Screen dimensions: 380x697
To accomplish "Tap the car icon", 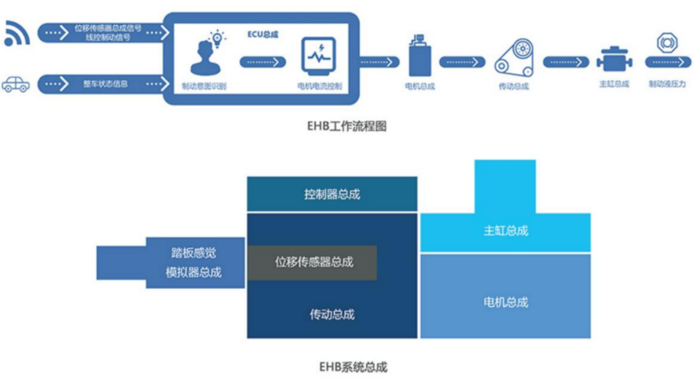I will [15, 84].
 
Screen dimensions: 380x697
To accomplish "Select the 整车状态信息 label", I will [105, 84].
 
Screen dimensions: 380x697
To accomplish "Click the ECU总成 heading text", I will [263, 34].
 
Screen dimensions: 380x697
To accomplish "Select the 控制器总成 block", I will [332, 194].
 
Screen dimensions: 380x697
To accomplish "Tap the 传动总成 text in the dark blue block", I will [332, 315].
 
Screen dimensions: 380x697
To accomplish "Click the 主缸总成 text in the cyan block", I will [505, 230].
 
